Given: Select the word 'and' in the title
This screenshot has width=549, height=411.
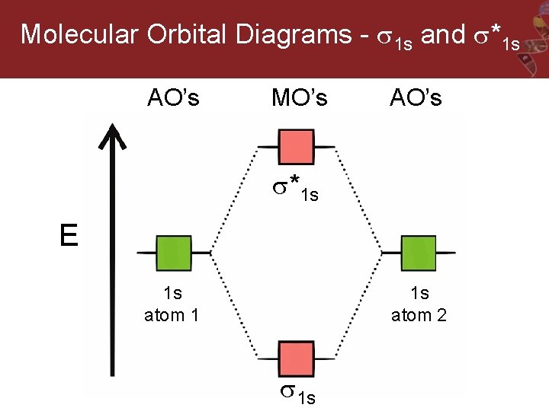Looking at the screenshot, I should click(442, 34).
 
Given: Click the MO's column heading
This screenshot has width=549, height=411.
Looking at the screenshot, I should click(300, 97).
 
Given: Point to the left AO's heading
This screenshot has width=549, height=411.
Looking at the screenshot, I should click(173, 97).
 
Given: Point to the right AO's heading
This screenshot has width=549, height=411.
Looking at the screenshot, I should click(416, 97).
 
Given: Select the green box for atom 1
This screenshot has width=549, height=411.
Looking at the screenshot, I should click(174, 253).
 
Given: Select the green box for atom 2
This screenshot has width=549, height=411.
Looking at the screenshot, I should click(419, 253).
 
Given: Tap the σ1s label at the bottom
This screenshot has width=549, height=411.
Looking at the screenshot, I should click(297, 394).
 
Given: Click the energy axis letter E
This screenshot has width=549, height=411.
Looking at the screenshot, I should click(69, 237).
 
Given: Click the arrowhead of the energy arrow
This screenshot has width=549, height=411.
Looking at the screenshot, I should click(114, 137).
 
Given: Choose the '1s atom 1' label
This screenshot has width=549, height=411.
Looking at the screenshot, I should click(172, 304).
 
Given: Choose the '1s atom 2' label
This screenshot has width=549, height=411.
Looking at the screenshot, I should click(419, 304).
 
